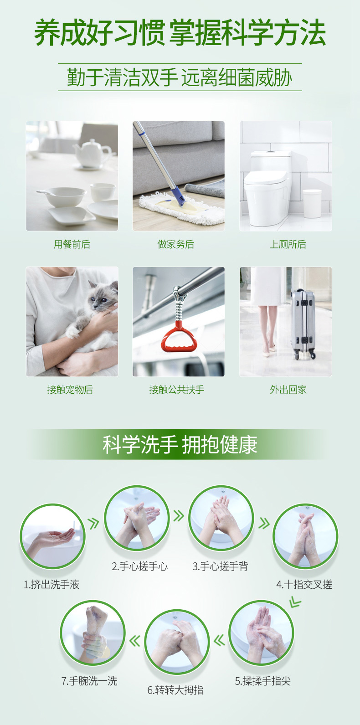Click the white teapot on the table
point(92,154)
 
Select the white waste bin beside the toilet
point(312,203)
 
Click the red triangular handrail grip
point(178,337)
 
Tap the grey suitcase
point(303,323)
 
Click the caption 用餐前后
point(72,244)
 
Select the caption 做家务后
point(176,244)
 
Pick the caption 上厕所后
point(288,244)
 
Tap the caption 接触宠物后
point(70,390)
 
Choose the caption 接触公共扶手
point(177,390)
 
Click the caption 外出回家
point(288,390)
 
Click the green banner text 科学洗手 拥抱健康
point(180,445)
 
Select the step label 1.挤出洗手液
point(51,585)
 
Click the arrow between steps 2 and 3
point(178,516)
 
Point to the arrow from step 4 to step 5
point(295,602)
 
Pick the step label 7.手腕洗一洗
point(89,681)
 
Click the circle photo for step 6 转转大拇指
point(177,642)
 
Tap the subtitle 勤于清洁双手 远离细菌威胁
point(180,77)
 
